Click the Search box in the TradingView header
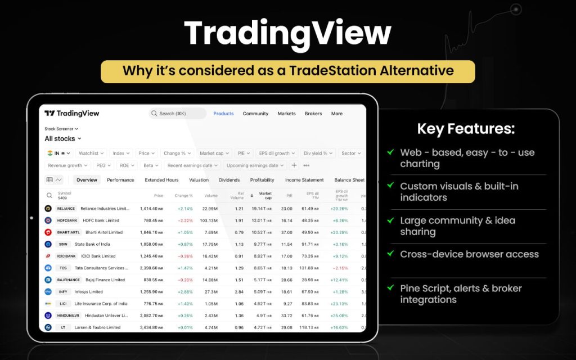coord(178,114)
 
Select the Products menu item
coord(223,114)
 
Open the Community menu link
coord(255,114)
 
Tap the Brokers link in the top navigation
coord(313,114)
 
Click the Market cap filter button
coord(214,153)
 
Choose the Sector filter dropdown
coord(351,153)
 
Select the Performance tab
coord(120,180)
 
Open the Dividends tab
coord(229,180)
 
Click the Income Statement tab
coord(304,180)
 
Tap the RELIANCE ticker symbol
coord(66,209)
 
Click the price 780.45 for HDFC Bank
coord(150,220)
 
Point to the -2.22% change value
coord(185,220)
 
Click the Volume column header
coord(211,196)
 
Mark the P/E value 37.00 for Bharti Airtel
coord(286,232)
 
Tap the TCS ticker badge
coord(63,268)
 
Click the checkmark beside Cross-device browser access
coord(390,254)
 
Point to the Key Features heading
coord(466,129)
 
